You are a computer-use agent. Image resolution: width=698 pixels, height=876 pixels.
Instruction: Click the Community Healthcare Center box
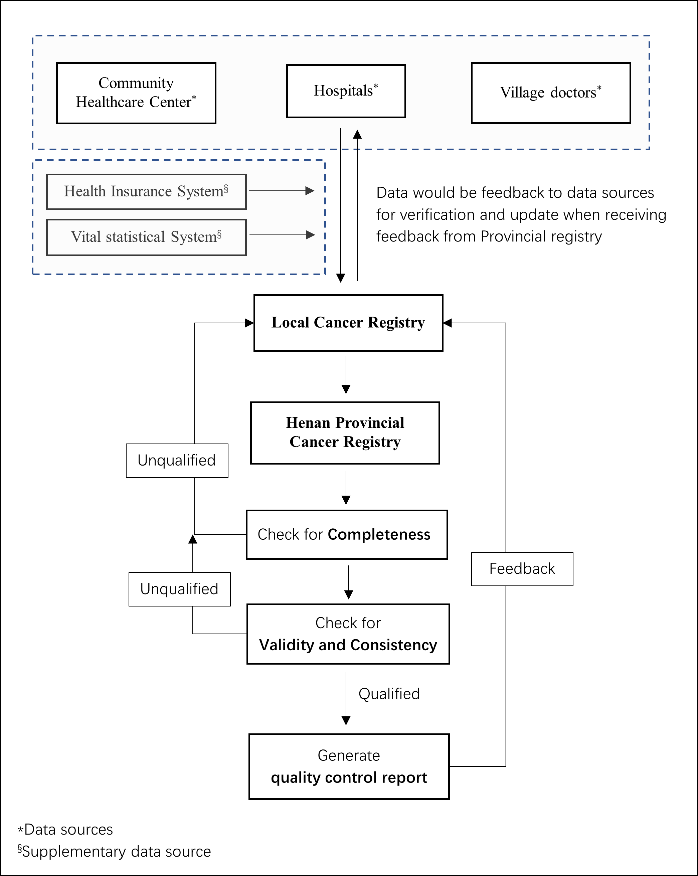click(x=136, y=93)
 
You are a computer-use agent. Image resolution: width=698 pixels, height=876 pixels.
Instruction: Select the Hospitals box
click(x=346, y=91)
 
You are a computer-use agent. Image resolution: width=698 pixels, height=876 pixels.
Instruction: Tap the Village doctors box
click(x=551, y=93)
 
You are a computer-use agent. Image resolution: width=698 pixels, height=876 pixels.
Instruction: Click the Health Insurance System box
click(x=146, y=192)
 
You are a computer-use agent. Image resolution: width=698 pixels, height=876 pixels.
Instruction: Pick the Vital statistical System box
click(x=146, y=237)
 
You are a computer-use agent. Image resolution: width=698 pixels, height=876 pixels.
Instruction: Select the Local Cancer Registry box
click(x=348, y=323)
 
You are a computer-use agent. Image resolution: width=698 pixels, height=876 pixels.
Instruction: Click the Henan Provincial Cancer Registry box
click(x=345, y=433)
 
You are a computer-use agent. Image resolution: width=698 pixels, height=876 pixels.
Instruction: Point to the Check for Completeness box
click(x=347, y=535)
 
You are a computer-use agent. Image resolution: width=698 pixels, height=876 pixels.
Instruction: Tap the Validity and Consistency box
click(x=348, y=634)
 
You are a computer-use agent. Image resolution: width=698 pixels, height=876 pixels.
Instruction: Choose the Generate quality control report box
click(x=349, y=767)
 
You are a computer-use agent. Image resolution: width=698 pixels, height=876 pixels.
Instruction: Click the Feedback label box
click(x=522, y=569)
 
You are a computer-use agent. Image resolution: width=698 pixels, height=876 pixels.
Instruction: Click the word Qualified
click(x=389, y=694)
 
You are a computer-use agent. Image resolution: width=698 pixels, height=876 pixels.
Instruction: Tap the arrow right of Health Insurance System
click(x=282, y=191)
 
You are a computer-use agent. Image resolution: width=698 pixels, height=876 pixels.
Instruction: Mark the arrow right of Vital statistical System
click(x=282, y=235)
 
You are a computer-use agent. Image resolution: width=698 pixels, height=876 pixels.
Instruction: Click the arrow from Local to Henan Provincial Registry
click(x=346, y=375)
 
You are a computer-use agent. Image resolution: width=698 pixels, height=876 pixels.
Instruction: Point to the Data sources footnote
click(x=65, y=830)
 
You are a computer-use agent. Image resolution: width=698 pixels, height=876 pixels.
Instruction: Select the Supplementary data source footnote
click(x=114, y=852)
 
